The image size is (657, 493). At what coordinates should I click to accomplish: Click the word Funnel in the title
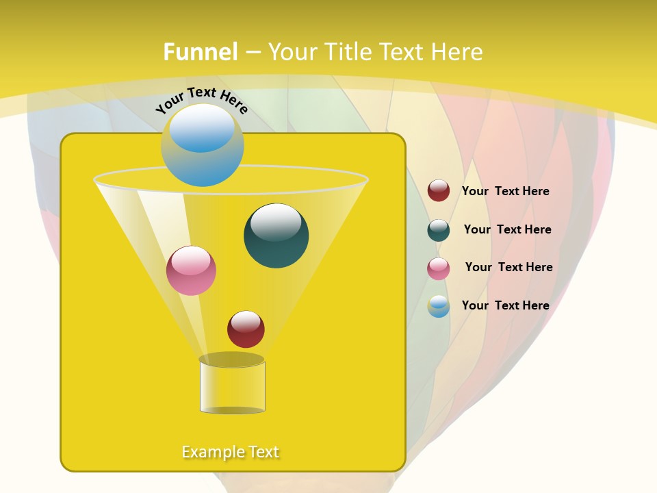coord(201,52)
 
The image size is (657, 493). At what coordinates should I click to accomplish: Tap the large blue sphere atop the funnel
coord(202,145)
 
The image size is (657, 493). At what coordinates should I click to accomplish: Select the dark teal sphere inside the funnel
coord(276,236)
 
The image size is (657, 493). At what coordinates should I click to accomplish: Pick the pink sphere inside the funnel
coord(191,270)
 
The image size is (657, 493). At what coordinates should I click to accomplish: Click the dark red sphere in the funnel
coord(246,329)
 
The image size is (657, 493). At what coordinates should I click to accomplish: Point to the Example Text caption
coord(231,452)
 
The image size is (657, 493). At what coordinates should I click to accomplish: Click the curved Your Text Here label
coord(201,99)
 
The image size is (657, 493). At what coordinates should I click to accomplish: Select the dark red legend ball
coord(439,191)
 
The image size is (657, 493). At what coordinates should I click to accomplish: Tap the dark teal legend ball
coord(439,230)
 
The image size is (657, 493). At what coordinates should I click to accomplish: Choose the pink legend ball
coord(439,268)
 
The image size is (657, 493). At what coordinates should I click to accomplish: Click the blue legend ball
coord(439,306)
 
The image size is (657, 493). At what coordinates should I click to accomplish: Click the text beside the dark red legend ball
coord(506,191)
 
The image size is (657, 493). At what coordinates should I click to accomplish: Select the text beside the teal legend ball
coord(507,229)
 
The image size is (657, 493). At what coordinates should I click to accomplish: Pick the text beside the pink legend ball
coord(508,267)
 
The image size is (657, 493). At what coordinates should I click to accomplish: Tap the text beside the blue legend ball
coord(506,305)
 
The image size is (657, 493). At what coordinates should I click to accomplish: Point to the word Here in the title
coord(457,52)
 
